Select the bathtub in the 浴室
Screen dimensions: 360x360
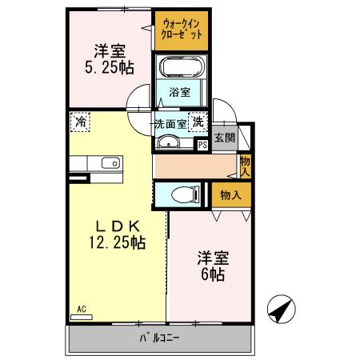pos(181,66)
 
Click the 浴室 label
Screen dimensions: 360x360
pos(179,92)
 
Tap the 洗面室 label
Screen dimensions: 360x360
pos(170,124)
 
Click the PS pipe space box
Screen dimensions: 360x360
pos(202,145)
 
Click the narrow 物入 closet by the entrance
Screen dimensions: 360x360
pos(244,166)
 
